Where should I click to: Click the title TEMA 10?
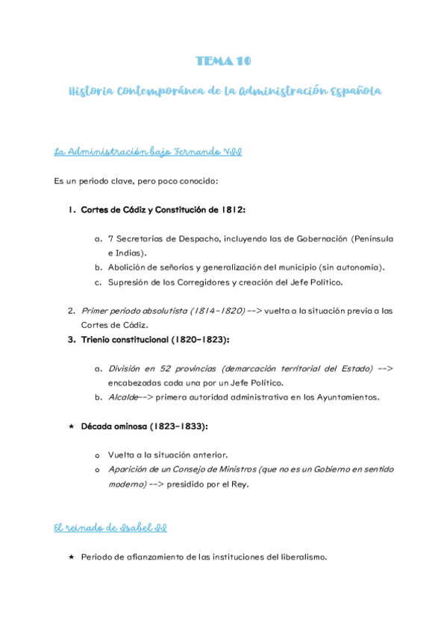[x=223, y=60]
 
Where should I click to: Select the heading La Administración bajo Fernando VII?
[x=147, y=152]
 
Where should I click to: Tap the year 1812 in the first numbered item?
[x=232, y=209]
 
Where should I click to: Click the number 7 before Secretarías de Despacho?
[x=111, y=238]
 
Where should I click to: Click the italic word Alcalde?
[x=123, y=396]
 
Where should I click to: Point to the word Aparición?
[x=129, y=469]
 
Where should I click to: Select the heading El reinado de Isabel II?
[x=110, y=528]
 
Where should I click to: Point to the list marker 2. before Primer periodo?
[x=71, y=311]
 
